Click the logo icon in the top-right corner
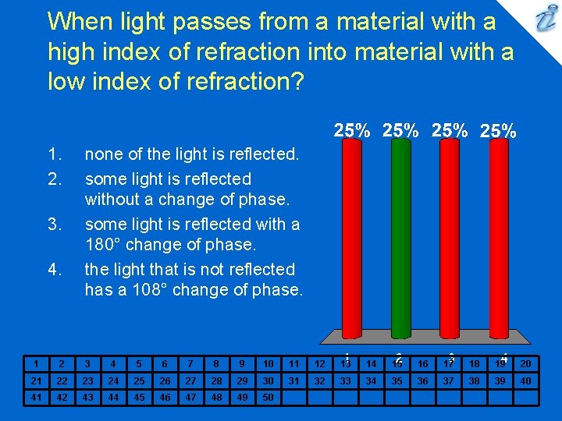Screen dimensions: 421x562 click(544, 20)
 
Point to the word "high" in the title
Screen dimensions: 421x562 click(69, 51)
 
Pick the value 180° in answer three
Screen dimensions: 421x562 click(104, 245)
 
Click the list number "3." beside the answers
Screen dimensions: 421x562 click(54, 225)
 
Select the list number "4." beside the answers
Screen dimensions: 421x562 click(54, 270)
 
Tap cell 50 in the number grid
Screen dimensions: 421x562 click(268, 397)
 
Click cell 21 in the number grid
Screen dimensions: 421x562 click(35, 380)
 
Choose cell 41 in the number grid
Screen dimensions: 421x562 click(35, 397)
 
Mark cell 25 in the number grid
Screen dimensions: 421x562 click(139, 380)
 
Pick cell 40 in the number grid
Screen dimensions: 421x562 click(525, 380)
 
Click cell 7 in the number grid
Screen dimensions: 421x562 click(190, 363)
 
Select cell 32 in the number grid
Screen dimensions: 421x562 click(319, 380)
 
